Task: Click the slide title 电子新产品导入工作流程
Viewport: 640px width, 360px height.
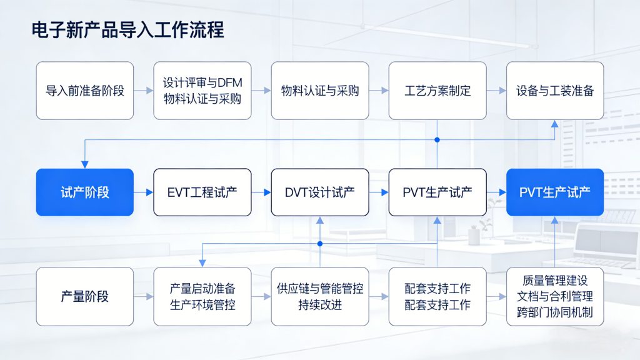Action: [127, 29]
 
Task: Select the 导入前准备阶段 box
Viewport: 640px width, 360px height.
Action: [84, 91]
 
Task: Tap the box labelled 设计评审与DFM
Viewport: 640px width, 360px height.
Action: [202, 91]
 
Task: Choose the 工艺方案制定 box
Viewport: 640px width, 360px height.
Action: [437, 91]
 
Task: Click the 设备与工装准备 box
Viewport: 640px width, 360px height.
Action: [555, 91]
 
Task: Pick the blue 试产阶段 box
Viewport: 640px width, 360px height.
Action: [84, 192]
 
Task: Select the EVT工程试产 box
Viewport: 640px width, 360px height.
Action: [202, 192]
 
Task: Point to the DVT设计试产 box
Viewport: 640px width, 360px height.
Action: [320, 192]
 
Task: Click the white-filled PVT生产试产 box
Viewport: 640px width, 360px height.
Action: [437, 192]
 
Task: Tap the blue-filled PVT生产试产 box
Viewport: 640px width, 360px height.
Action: [555, 192]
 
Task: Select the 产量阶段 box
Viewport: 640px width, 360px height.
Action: [84, 297]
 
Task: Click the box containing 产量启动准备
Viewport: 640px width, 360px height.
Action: [202, 297]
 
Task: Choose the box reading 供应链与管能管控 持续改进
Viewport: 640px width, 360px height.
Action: [320, 297]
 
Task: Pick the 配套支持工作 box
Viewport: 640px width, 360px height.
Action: [437, 297]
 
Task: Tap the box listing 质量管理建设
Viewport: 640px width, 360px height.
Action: [555, 297]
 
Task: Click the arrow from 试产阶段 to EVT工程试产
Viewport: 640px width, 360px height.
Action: [144, 192]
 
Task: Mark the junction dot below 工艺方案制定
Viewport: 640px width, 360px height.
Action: [437, 139]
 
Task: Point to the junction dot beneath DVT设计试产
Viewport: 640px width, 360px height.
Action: [320, 243]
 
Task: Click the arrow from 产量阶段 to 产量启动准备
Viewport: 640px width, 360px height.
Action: [144, 297]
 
